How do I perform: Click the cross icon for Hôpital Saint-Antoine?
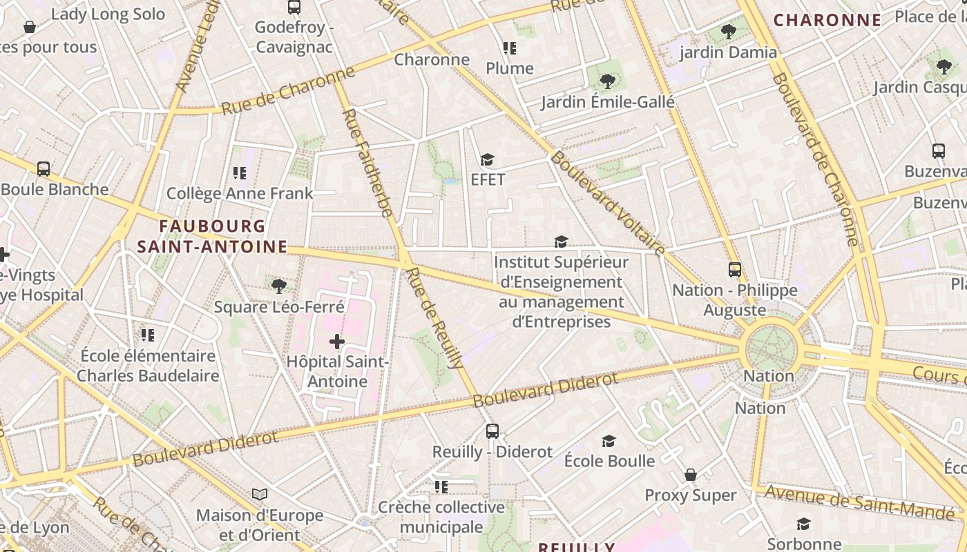(x=337, y=342)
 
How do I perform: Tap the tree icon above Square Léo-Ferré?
(x=279, y=286)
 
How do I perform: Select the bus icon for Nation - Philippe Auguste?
(x=735, y=270)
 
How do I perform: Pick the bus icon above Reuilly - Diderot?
(x=492, y=431)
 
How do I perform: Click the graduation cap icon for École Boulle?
(x=609, y=441)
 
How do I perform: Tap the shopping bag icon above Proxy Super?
(x=690, y=475)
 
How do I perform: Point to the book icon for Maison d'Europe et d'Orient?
(x=260, y=495)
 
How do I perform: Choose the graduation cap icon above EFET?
(x=488, y=160)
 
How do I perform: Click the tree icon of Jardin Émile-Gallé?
(x=607, y=81)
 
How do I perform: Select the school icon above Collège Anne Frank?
(x=240, y=172)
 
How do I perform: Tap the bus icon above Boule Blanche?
(x=44, y=169)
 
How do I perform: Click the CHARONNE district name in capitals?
(x=827, y=20)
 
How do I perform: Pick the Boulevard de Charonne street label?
(x=815, y=159)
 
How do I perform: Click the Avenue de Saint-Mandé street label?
(x=860, y=502)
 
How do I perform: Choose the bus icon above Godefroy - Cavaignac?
(x=294, y=7)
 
